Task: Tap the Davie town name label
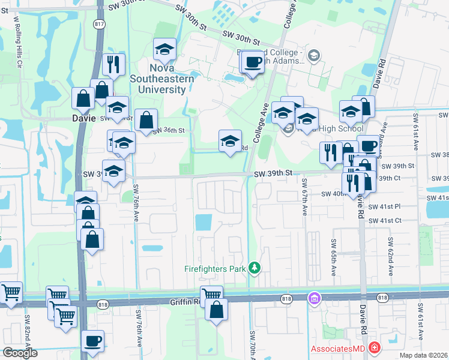coord(83,118)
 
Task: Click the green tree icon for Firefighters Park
coord(255,268)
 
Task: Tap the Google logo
coord(20,352)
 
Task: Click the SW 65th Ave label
coord(333,257)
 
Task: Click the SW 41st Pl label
coord(384,206)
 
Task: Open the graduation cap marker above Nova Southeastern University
coord(164,50)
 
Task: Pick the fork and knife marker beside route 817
coord(113,64)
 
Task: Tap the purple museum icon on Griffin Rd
coord(313,298)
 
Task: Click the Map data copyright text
coord(424,355)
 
